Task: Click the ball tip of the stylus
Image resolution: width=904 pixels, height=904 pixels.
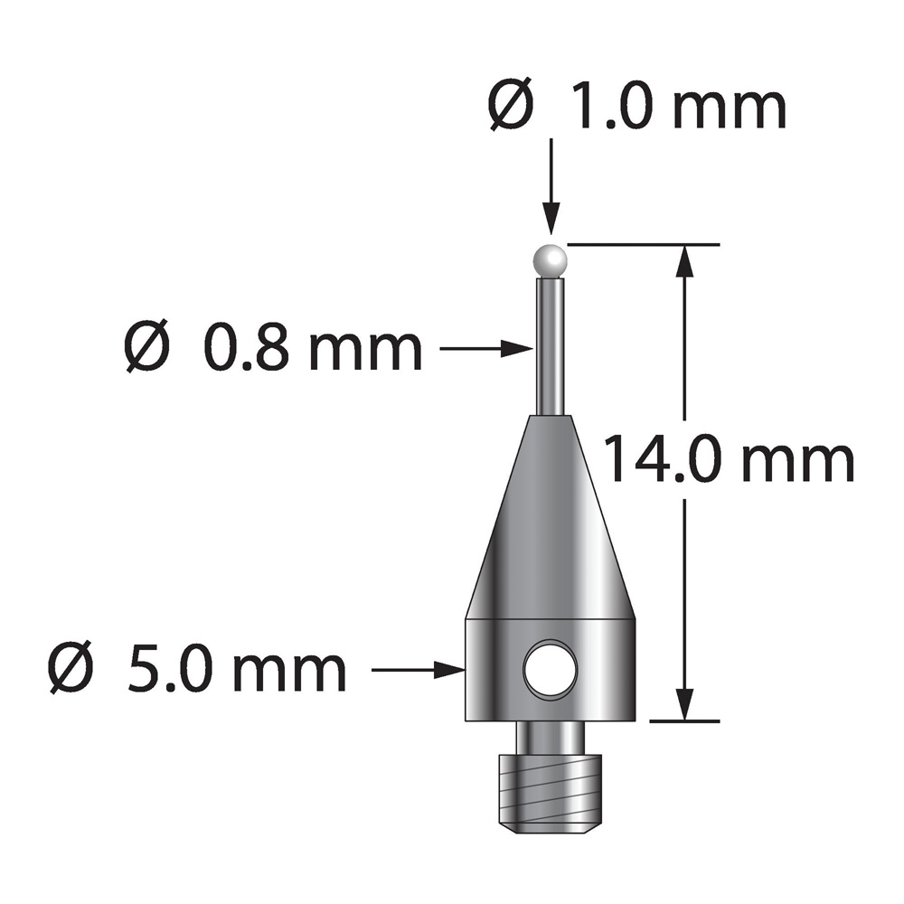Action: coord(551,260)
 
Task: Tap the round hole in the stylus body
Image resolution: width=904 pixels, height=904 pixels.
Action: coord(550,669)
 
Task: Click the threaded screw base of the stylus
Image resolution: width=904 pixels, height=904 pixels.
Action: coord(550,786)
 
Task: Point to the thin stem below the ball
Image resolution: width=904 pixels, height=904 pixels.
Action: coord(551,344)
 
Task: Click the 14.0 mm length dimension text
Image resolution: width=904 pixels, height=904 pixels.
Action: coord(728,461)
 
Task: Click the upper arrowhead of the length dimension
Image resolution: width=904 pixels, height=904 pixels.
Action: coord(685,262)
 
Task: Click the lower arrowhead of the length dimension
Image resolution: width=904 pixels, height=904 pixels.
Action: coord(685,703)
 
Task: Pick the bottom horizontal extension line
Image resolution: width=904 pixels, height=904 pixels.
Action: coord(684,720)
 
